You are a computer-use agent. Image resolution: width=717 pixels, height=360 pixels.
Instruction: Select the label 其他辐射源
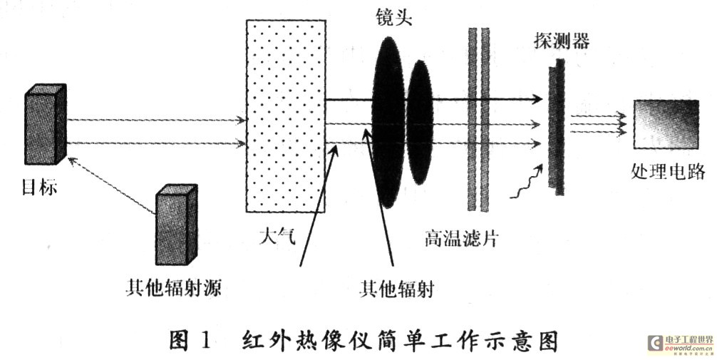pyautogui.click(x=172, y=289)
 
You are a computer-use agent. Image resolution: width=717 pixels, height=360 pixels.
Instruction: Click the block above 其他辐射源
pyautogui.click(x=175, y=225)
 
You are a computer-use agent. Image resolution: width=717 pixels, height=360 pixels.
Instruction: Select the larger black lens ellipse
pyautogui.click(x=388, y=121)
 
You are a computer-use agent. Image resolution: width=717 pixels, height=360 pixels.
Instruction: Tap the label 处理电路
pyautogui.click(x=667, y=171)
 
